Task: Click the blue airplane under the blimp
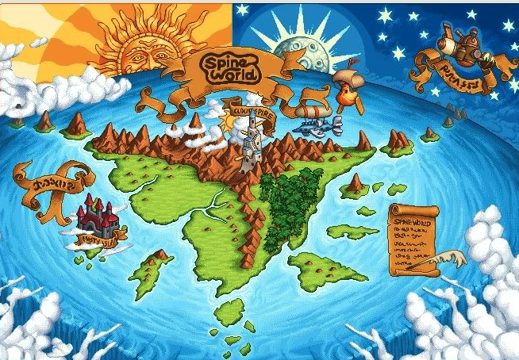pos(321,124)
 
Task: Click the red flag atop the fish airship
pos(354,62)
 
